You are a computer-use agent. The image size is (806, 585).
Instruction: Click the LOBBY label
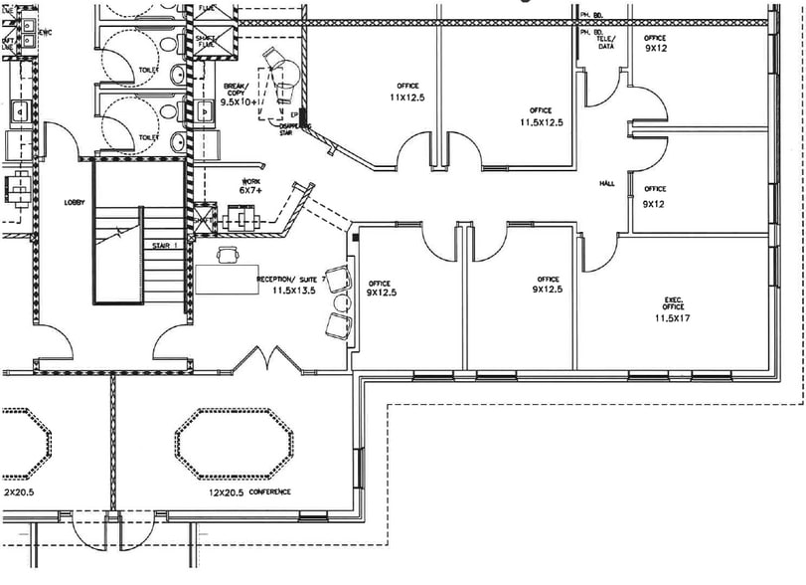click(x=74, y=202)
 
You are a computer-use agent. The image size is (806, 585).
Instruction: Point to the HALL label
click(x=607, y=184)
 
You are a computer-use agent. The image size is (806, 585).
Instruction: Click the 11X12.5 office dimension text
click(x=406, y=97)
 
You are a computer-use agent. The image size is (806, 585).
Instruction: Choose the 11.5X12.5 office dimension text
click(x=541, y=122)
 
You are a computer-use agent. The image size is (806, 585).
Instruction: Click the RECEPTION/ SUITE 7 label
click(x=290, y=280)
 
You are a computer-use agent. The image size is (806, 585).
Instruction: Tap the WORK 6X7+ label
click(x=250, y=185)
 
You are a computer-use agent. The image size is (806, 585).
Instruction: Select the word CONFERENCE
click(x=270, y=492)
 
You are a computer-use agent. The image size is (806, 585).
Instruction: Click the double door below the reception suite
click(x=264, y=360)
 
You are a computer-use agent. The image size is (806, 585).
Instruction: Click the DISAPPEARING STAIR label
click(x=295, y=129)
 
